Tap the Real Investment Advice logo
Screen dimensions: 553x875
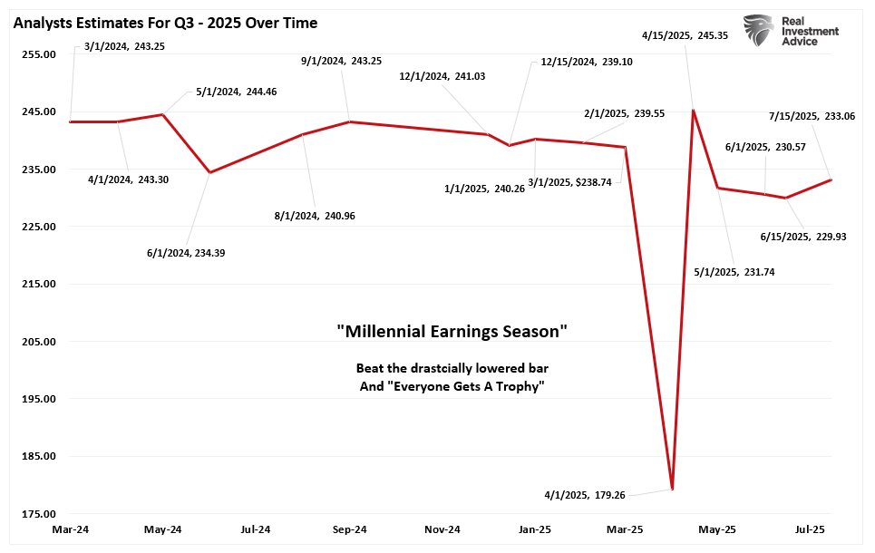tap(789, 31)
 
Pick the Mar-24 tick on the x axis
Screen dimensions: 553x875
tap(71, 529)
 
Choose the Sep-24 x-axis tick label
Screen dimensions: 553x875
tap(349, 529)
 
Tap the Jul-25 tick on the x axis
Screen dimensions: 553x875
tap(811, 529)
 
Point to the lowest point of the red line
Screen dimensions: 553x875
tap(672, 490)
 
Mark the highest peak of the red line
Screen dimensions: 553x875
tap(694, 111)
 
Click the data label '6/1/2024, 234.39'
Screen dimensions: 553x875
tap(187, 253)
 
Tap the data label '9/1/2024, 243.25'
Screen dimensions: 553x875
tap(341, 61)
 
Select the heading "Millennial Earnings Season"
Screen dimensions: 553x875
tap(452, 332)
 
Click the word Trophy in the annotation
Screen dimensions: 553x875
tap(521, 387)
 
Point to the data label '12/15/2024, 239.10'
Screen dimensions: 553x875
tap(580, 63)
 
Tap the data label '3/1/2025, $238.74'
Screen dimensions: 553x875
tap(573, 181)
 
